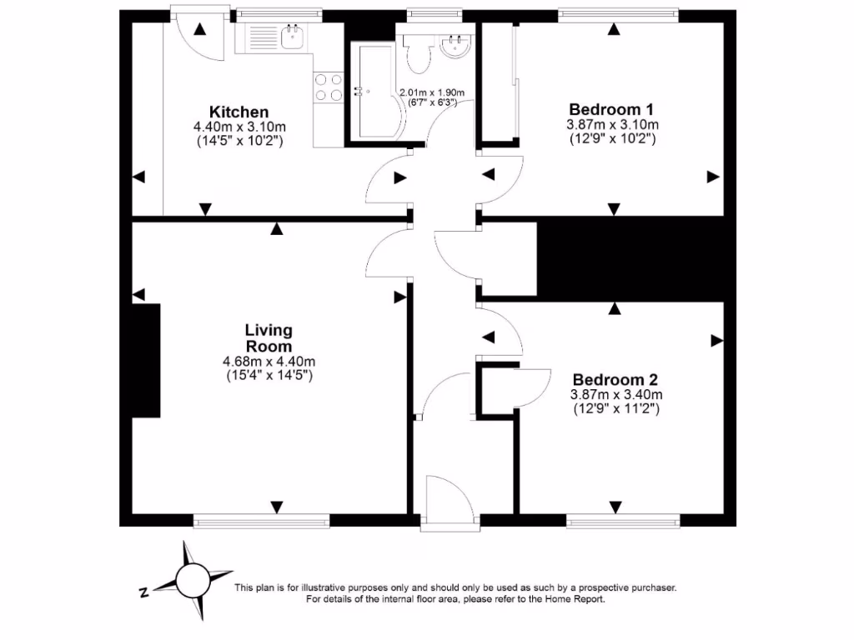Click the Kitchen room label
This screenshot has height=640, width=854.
pos(239,112)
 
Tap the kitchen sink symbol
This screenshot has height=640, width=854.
pos(291,37)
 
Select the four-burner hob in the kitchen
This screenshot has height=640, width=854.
pos(329,87)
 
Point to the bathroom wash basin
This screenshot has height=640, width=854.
pos(456,44)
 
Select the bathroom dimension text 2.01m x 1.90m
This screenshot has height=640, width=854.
pos(431,92)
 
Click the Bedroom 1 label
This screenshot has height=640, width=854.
pos(611,109)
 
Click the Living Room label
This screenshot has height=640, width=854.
pos(269,338)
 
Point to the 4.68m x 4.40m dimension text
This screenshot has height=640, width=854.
pos(269,361)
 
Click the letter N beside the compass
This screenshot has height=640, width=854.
pos(143,592)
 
